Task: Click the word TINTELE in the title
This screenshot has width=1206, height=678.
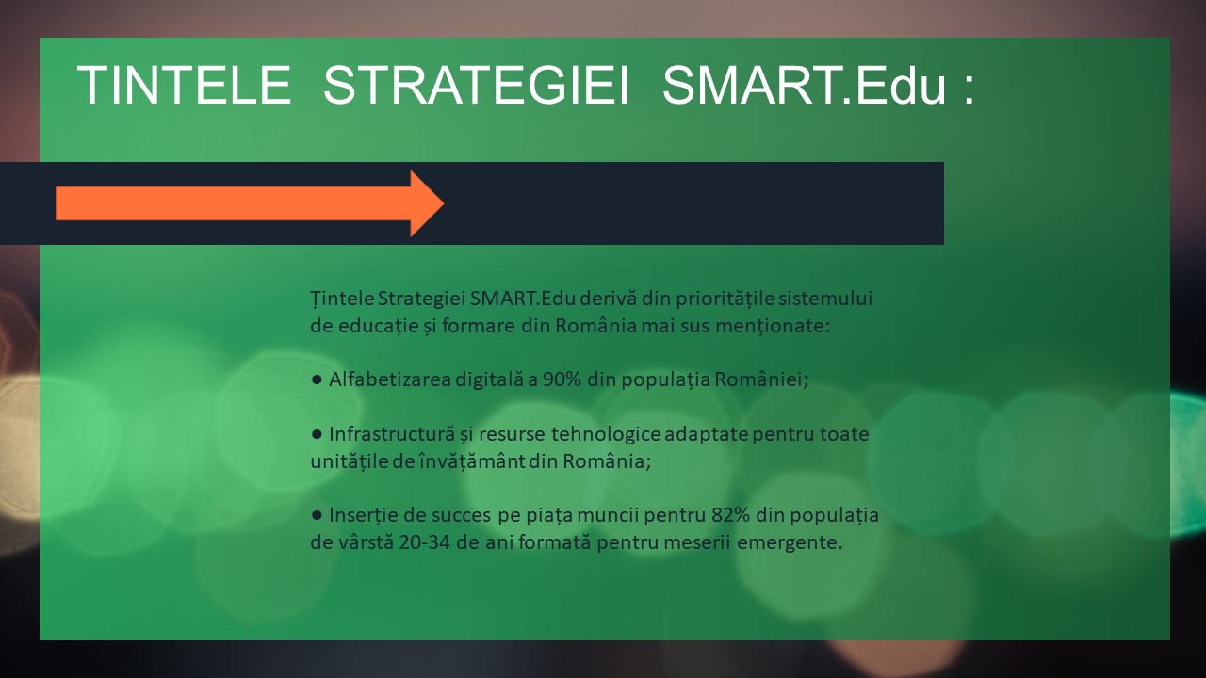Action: pos(185,85)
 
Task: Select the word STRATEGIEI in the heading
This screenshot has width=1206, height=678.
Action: pos(476,85)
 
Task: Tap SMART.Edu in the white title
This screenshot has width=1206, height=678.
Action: pos(804,85)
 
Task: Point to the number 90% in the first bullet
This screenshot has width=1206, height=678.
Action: pos(562,379)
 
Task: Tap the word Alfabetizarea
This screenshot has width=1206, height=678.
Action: pos(390,379)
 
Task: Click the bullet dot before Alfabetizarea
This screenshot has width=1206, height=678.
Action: pos(317,379)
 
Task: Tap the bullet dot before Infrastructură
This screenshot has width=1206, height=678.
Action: pos(317,434)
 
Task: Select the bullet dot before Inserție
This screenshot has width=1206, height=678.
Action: pos(317,515)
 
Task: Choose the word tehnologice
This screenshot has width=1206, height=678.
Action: pos(606,434)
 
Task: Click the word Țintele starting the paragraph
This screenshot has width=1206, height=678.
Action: pos(342,299)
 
